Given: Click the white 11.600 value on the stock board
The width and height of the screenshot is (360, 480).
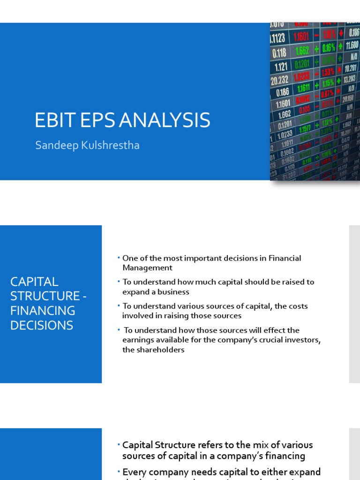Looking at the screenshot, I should coord(352,45).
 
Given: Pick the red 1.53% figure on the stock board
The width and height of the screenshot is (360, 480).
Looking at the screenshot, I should coord(328,72).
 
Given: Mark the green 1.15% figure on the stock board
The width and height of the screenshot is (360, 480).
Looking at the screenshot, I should coord(328,83).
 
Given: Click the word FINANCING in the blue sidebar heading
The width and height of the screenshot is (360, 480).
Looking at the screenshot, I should coord(43,311).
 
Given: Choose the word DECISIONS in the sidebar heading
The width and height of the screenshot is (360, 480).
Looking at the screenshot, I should coord(42,325).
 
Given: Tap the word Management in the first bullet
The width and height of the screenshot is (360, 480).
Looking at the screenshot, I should coord(147,268).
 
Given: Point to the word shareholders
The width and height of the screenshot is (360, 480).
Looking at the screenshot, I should coord(153,350).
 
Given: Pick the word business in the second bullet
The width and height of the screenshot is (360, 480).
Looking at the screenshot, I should coord(173,292).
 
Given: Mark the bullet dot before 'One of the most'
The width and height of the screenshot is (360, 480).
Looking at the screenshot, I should coord(119,258).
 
